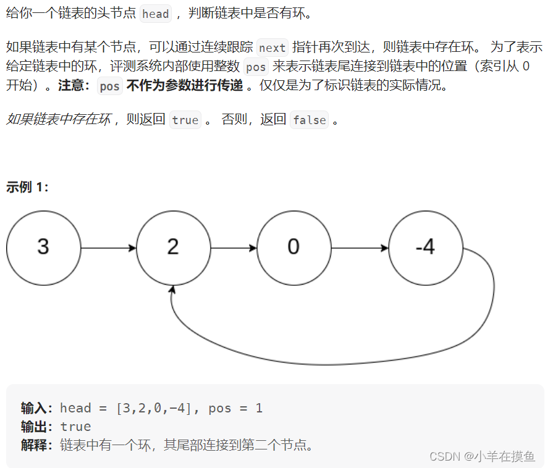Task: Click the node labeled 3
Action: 43,248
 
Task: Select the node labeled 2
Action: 173,248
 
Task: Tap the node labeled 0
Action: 294,248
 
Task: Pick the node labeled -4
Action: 426,248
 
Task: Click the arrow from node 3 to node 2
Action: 108,248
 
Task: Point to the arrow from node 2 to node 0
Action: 234,248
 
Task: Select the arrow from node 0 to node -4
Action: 360,248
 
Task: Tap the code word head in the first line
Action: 155,14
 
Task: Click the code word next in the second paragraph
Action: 272,48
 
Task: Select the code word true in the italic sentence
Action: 185,120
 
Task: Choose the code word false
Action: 310,120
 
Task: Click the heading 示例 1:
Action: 27,187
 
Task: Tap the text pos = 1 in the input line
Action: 235,408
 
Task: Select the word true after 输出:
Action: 75,427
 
